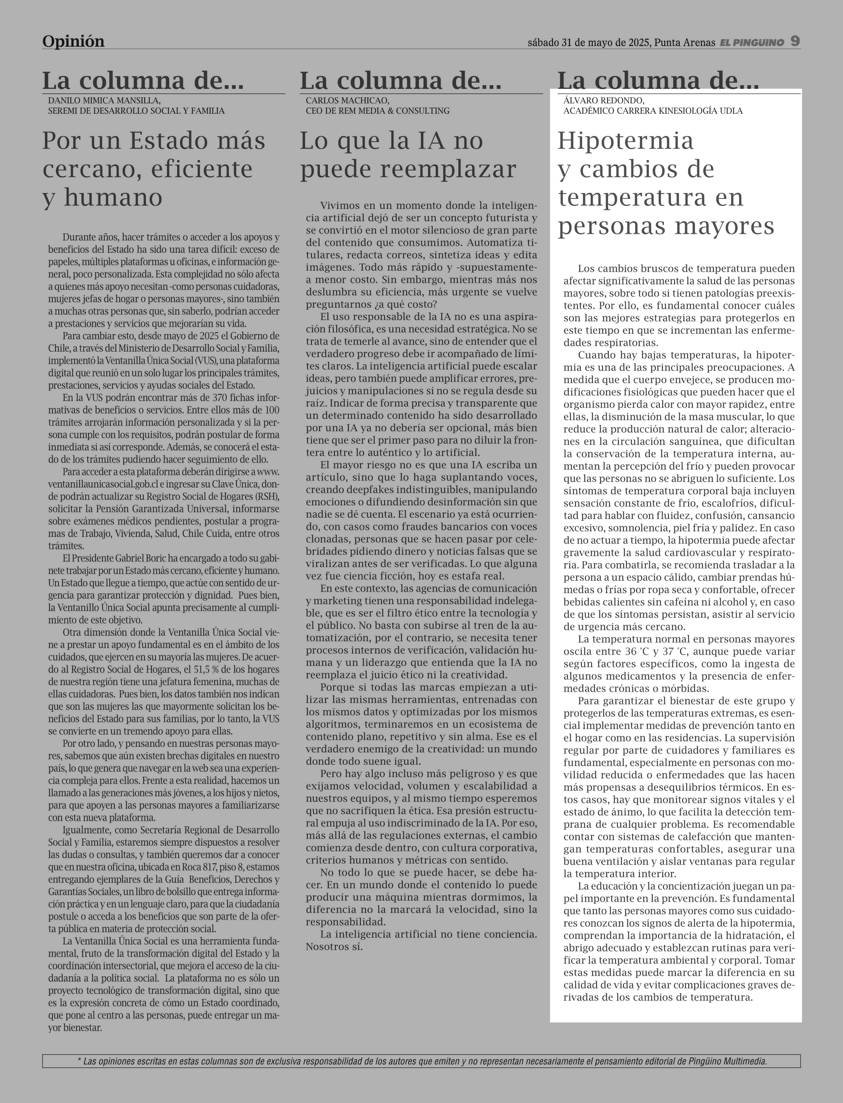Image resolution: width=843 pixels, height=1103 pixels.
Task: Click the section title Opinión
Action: click(x=73, y=41)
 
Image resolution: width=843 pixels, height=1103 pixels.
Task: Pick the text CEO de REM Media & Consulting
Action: click(x=377, y=110)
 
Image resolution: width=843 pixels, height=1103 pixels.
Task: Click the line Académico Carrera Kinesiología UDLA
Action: click(x=653, y=110)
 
